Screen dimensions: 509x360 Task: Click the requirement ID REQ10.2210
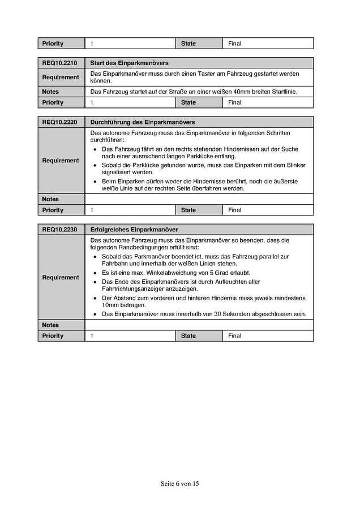(x=59, y=63)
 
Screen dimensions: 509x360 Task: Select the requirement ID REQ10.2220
(x=59, y=122)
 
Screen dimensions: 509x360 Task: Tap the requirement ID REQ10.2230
(x=59, y=230)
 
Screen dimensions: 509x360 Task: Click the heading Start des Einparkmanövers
(x=129, y=63)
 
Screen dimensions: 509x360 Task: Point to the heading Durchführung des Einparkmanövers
(x=143, y=122)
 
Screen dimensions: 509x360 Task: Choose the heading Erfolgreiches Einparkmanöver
(x=134, y=230)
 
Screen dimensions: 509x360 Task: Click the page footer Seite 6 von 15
(x=180, y=484)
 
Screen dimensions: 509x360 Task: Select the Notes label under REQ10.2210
(x=50, y=92)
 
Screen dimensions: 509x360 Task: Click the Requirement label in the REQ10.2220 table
(x=61, y=161)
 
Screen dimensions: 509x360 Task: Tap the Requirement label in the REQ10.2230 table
(x=61, y=278)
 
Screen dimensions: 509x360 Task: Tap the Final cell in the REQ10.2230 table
(x=235, y=336)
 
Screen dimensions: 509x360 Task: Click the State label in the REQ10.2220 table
(x=188, y=210)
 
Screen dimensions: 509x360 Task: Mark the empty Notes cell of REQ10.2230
(x=198, y=325)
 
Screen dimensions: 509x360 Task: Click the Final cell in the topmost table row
(x=235, y=44)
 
